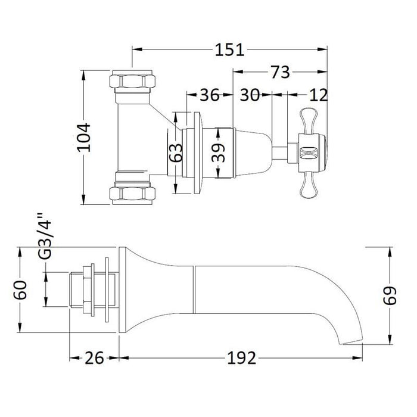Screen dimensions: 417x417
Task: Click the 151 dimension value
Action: coord(230,51)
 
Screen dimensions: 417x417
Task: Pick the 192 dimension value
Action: coord(242,358)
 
